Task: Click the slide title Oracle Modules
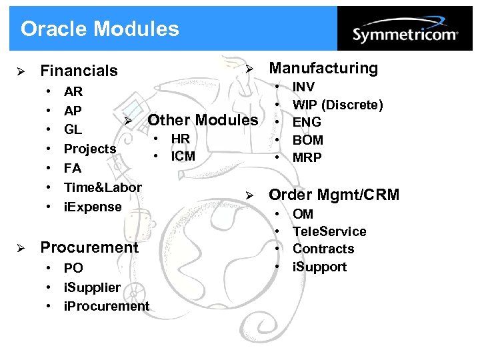(100, 29)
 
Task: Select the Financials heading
(79, 70)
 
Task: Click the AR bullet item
(73, 91)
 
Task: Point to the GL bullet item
(73, 129)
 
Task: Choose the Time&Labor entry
(103, 187)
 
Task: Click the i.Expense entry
(93, 207)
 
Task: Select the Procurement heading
(89, 247)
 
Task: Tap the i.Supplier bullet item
(92, 287)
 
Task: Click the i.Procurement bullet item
(107, 306)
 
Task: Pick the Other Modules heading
(203, 120)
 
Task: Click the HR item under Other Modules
(181, 139)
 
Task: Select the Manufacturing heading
(323, 68)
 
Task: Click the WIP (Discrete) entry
(338, 105)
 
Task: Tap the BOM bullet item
(308, 140)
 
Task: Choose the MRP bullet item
(307, 158)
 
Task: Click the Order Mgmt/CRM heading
(334, 195)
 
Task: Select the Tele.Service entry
(329, 231)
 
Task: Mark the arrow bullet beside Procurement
(21, 247)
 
